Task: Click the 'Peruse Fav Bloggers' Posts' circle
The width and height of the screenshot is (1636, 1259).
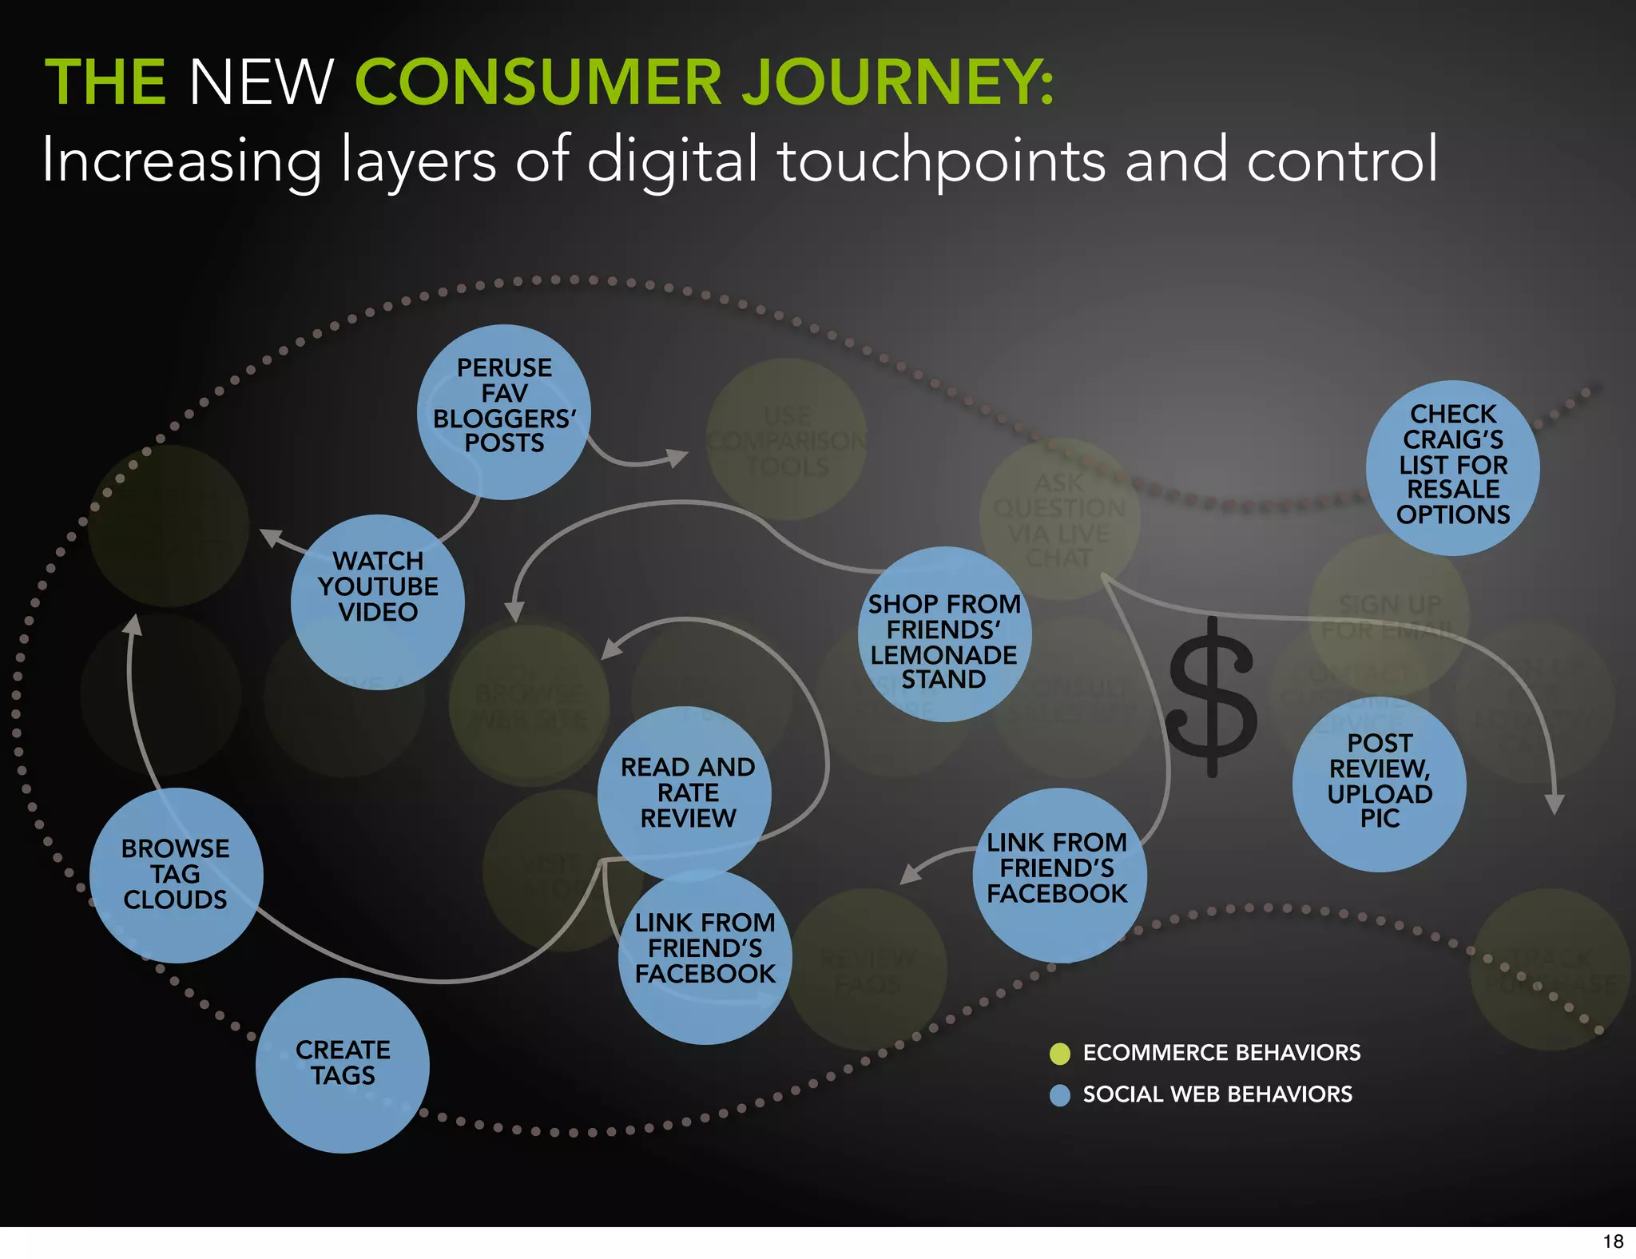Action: click(x=504, y=411)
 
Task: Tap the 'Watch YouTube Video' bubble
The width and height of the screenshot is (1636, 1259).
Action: click(x=378, y=601)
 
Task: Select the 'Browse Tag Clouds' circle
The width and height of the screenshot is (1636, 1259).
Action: click(x=176, y=876)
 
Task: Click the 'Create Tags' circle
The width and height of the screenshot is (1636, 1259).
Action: click(x=343, y=1065)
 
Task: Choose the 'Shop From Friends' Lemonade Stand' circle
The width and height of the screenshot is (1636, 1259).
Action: click(x=944, y=634)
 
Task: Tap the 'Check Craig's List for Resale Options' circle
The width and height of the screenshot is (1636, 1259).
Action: click(x=1452, y=467)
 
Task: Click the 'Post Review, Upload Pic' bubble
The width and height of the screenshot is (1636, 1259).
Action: click(x=1380, y=784)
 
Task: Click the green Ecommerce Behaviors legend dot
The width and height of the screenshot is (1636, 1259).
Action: click(x=1060, y=1054)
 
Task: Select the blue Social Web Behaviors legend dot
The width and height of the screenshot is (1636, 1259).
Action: click(x=1060, y=1095)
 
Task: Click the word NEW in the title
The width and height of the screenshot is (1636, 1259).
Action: click(x=260, y=81)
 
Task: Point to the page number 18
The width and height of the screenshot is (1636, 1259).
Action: click(x=1613, y=1241)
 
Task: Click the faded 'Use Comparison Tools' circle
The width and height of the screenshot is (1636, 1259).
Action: click(x=787, y=440)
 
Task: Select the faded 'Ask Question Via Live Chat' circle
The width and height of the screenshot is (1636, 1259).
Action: click(x=1059, y=519)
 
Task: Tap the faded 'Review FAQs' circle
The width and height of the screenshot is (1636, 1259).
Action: click(x=867, y=969)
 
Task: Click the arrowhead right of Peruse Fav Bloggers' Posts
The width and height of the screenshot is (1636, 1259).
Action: click(x=678, y=458)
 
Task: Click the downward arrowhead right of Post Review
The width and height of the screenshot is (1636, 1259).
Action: click(x=1555, y=804)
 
